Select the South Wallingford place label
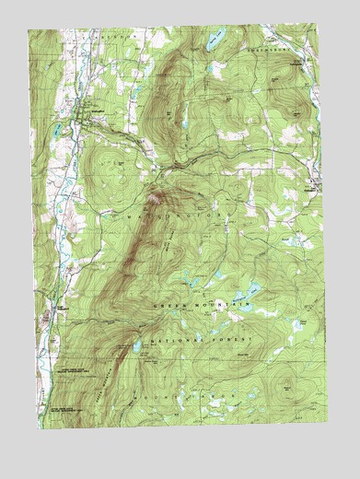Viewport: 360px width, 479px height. [x=57, y=307]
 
